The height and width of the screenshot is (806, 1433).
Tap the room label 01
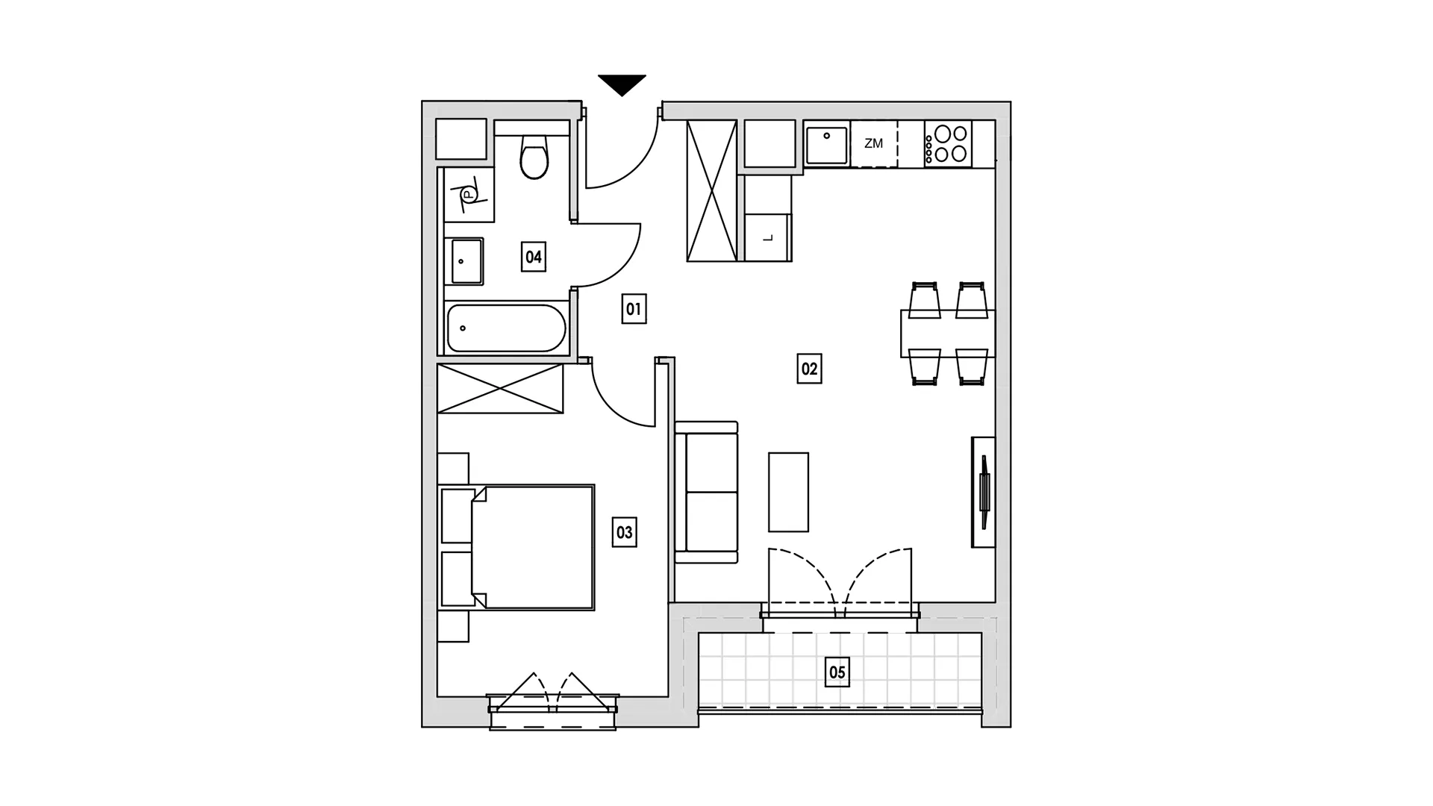pyautogui.click(x=634, y=309)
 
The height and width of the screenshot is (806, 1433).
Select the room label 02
pyautogui.click(x=809, y=369)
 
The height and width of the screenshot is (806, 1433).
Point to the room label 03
pyautogui.click(x=624, y=533)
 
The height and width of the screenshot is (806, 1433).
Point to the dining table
pyautogui.click(x=948, y=333)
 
